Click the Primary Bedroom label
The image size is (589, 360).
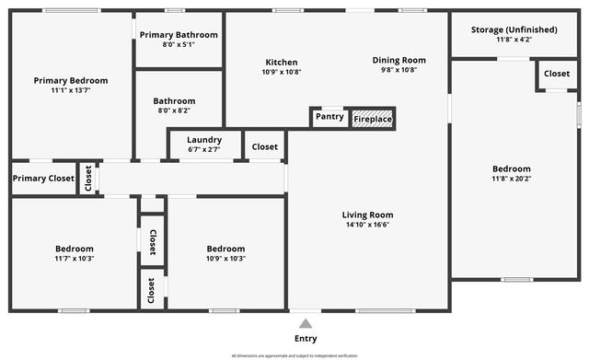[71, 80]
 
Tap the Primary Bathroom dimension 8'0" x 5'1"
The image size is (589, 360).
[179, 44]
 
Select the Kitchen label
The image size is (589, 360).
[281, 62]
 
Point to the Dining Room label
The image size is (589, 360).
[399, 60]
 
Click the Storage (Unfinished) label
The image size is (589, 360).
[514, 29]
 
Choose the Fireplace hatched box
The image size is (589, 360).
[373, 119]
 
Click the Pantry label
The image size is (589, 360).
[329, 117]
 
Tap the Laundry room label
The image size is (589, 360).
[204, 140]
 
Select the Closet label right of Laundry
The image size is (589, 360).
[265, 146]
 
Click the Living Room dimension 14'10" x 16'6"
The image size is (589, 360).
[368, 225]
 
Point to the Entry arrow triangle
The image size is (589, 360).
[306, 323]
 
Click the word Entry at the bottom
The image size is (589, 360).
[306, 339]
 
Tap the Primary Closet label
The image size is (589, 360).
[43, 179]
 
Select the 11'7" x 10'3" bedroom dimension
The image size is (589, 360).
[74, 259]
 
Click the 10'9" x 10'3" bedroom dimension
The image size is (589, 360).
[225, 259]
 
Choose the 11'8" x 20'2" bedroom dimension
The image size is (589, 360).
[511, 179]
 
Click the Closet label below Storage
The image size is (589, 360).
[557, 74]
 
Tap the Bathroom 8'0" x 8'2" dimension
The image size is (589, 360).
[175, 110]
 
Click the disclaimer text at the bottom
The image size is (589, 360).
[294, 355]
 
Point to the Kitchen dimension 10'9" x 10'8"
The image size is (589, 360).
[281, 72]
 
